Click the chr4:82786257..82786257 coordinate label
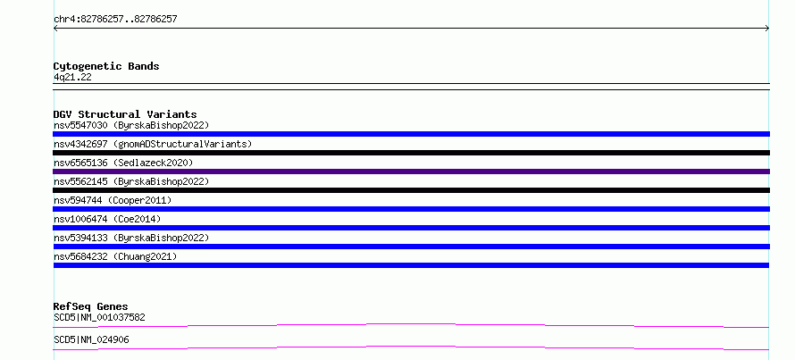[x=115, y=20]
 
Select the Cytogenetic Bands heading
[x=106, y=66]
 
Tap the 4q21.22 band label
[x=72, y=78]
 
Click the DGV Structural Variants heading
[x=125, y=114]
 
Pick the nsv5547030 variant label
[x=131, y=125]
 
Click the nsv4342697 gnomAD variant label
[x=153, y=144]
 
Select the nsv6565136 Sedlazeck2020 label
[x=123, y=163]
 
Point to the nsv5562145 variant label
[x=131, y=181]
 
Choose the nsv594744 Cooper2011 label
[x=113, y=200]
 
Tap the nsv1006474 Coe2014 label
[x=107, y=219]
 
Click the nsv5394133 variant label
[x=131, y=238]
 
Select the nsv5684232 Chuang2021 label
[x=115, y=256]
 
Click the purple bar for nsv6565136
[x=411, y=172]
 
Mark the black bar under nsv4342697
[x=411, y=153]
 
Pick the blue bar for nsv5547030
[x=411, y=134]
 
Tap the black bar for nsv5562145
[x=411, y=190]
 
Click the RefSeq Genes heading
[x=91, y=306]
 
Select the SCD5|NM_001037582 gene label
[x=99, y=318]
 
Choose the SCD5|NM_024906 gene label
[x=91, y=340]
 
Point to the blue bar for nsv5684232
[x=411, y=265]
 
